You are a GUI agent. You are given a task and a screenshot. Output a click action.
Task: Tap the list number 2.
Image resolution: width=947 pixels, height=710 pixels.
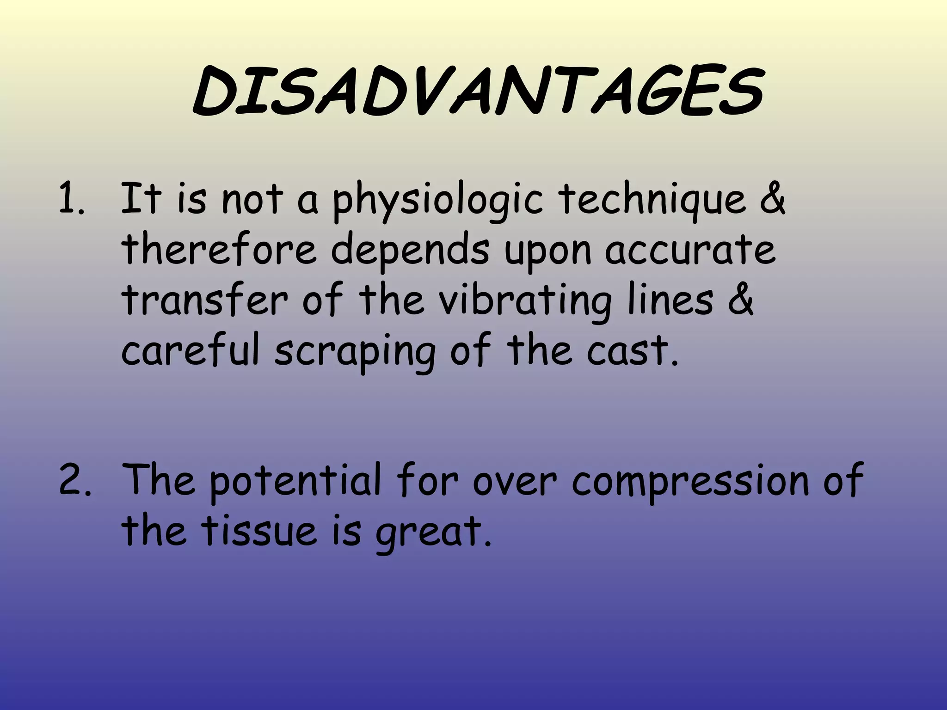(74, 480)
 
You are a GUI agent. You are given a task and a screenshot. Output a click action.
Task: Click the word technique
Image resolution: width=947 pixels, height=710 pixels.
(652, 200)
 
